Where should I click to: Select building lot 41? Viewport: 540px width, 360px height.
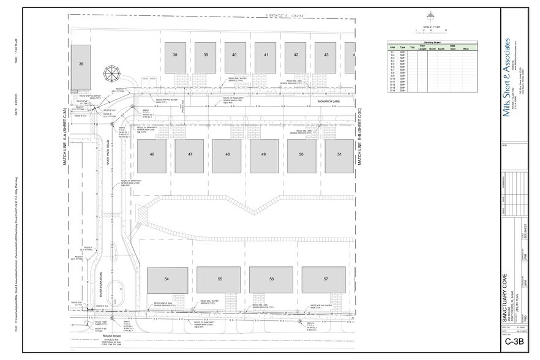pos(266,55)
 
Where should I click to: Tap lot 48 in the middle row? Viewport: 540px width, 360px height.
pos(227,155)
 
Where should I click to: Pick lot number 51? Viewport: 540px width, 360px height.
pos(339,155)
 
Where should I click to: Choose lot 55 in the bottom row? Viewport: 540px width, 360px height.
pos(219,279)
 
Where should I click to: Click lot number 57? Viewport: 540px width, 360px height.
pos(326,279)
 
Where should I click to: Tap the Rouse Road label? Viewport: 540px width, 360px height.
pos(113,336)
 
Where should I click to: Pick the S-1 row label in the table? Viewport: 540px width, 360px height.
pos(392,52)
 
